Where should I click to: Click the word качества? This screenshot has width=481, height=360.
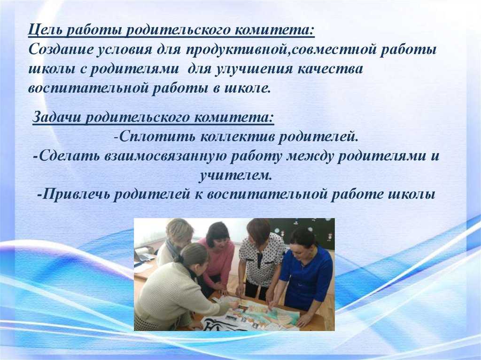[330, 69]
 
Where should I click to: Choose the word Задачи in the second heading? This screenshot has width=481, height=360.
[56, 117]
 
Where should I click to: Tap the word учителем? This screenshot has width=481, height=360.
[235, 176]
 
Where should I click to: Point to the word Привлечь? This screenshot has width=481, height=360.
[76, 195]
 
